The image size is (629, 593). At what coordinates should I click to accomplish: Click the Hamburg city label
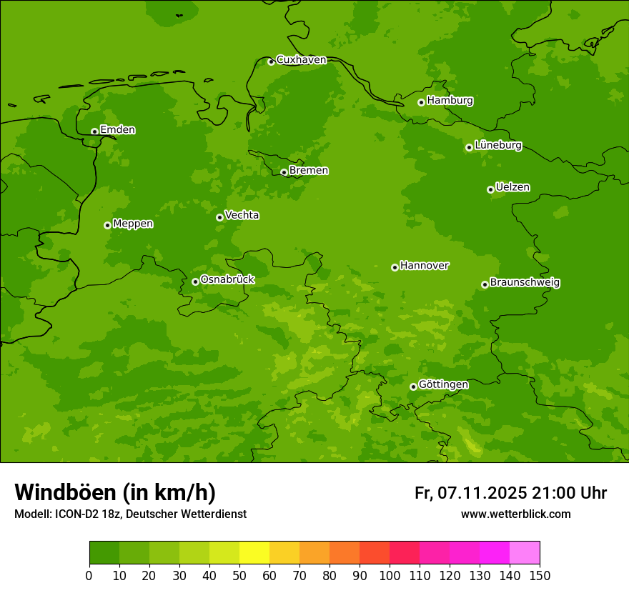450,101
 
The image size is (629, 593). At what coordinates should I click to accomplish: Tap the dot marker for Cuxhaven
271,62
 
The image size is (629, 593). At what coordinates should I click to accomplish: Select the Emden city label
117,130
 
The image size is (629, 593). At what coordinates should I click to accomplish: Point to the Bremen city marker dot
284,172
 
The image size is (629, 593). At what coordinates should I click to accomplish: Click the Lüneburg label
497,145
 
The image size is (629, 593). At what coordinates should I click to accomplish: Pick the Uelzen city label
512,187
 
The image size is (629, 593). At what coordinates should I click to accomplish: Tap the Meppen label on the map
133,224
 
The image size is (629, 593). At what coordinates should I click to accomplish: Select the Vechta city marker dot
219,217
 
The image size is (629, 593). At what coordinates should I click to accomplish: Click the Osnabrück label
227,279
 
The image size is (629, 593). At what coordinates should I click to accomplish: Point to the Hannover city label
424,266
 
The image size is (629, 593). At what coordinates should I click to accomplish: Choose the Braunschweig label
525,282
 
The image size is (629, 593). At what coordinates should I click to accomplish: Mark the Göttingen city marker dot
413,387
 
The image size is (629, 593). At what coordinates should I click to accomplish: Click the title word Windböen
65,492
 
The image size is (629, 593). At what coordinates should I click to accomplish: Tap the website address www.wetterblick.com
515,514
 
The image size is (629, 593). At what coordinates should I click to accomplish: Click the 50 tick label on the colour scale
239,575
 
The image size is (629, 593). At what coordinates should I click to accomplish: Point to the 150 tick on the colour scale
539,575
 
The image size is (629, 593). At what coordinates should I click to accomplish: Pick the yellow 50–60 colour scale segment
254,553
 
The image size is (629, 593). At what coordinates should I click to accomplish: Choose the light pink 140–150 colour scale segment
524,553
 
